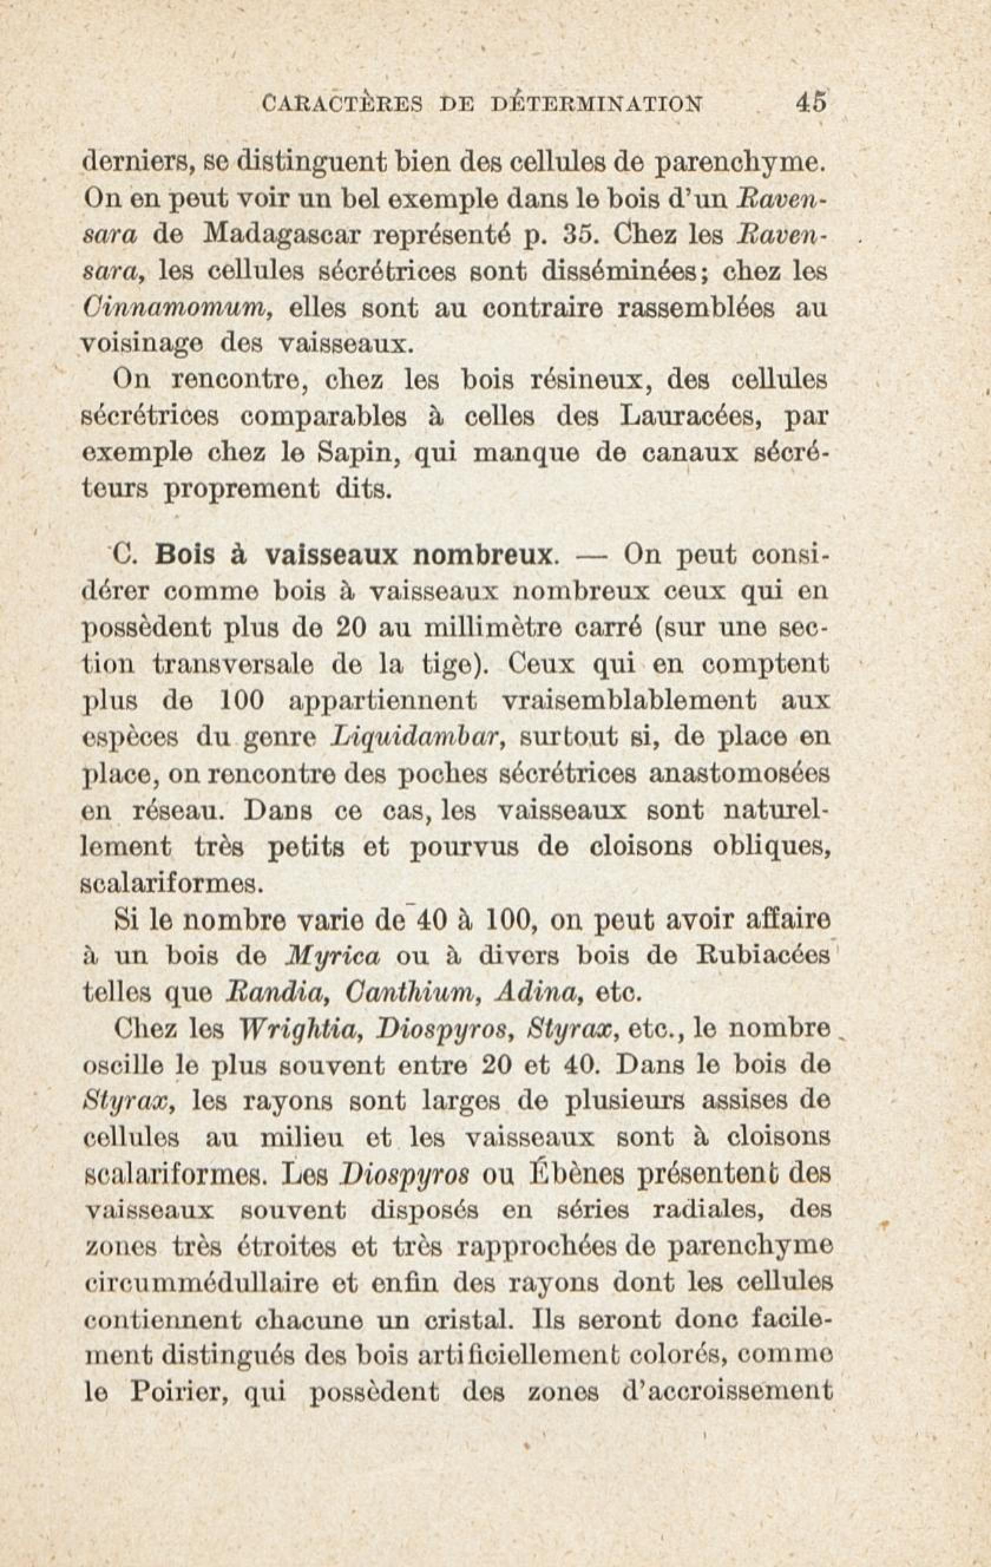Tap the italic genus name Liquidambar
pyautogui.click(x=415, y=737)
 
